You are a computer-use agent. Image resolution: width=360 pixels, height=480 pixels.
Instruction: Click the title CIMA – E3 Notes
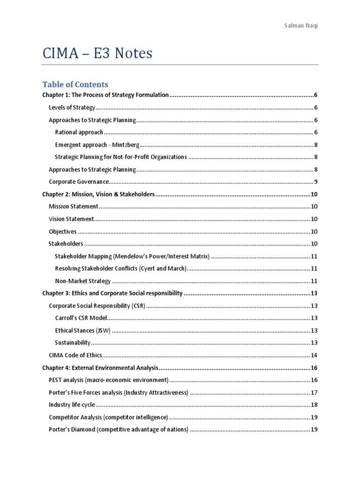[x=97, y=53]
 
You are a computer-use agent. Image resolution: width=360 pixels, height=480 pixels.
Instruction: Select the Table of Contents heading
[x=75, y=84]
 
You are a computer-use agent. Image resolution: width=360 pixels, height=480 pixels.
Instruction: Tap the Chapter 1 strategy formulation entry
[x=105, y=95]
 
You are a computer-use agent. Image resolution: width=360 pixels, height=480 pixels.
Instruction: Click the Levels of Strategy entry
[x=72, y=107]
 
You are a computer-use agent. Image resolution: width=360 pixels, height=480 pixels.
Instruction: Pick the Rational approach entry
[x=79, y=132]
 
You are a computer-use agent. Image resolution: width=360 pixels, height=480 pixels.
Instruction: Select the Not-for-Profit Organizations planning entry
[x=121, y=157]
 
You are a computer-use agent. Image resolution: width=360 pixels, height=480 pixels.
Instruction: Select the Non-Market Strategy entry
[x=83, y=281]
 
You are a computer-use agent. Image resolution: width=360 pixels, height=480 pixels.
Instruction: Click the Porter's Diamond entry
[x=119, y=429]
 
